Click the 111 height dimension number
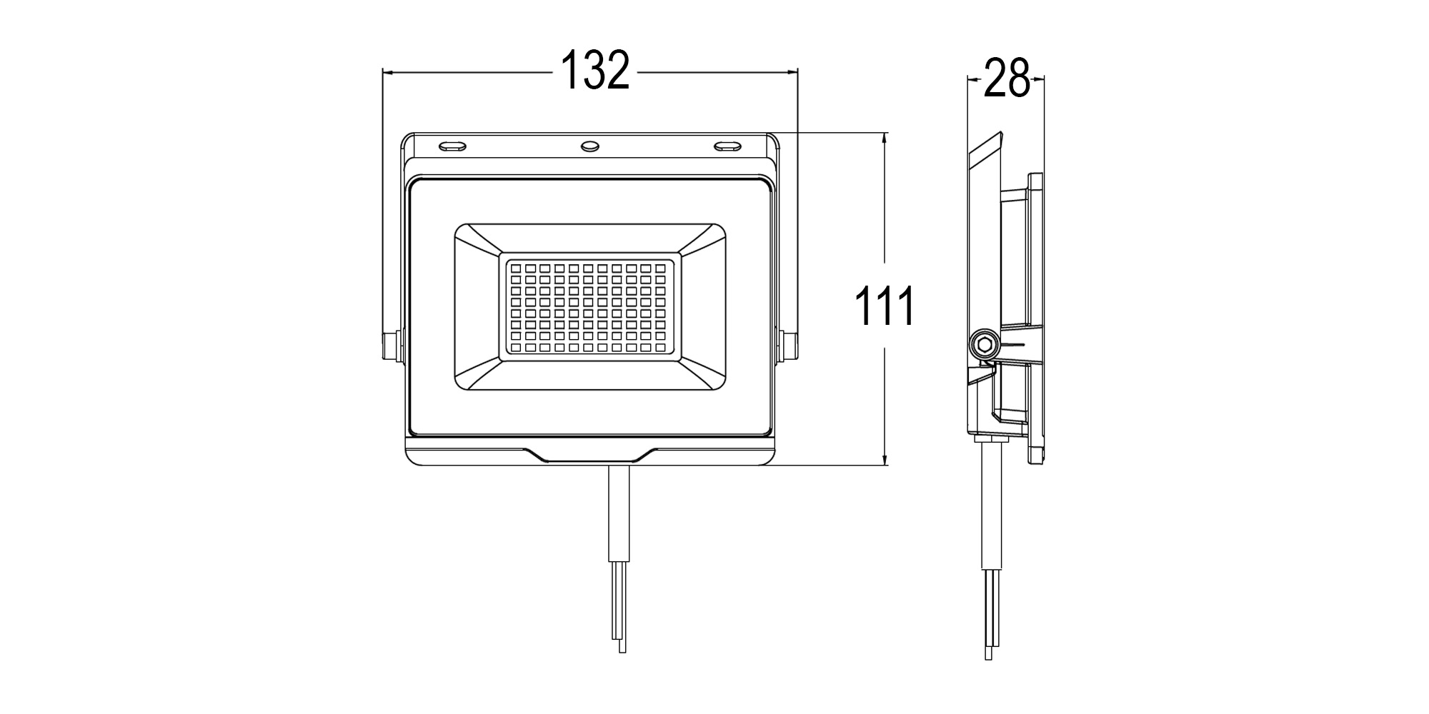[x=885, y=306]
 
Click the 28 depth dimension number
[x=1006, y=79]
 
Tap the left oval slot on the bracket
[x=452, y=146]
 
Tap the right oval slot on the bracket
[x=728, y=146]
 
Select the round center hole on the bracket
[x=590, y=146]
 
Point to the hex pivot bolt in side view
[x=985, y=345]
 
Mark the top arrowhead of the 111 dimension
[x=885, y=137]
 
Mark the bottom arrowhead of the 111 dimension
[x=885, y=461]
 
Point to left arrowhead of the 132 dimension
[x=387, y=71]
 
